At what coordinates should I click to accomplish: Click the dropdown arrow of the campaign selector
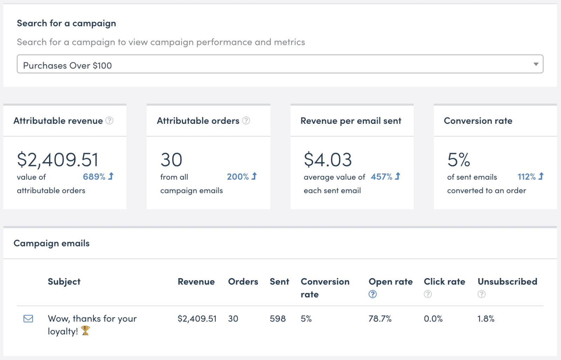click(535, 64)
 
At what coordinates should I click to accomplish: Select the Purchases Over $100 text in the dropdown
click(67, 66)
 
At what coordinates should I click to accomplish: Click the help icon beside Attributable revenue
click(109, 121)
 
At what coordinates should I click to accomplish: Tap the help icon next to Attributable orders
click(246, 121)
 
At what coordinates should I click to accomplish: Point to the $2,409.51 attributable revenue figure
click(58, 160)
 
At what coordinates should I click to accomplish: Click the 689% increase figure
click(94, 177)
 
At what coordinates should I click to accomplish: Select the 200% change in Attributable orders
click(238, 177)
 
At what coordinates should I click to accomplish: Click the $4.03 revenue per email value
click(327, 160)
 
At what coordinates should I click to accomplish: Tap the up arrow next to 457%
click(398, 176)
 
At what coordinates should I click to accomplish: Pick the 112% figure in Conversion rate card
click(526, 177)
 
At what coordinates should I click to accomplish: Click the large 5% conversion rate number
click(458, 160)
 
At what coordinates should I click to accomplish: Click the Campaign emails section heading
click(52, 244)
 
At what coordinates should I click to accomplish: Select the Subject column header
click(64, 282)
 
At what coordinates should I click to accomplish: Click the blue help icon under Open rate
click(373, 294)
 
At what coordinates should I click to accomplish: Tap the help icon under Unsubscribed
click(481, 294)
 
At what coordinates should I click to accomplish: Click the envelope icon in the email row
click(28, 319)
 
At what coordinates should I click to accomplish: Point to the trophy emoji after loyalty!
click(86, 331)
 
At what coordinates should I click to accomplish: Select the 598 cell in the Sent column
click(278, 319)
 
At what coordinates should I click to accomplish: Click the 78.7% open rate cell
click(380, 319)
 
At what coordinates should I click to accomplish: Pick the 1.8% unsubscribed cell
click(486, 319)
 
